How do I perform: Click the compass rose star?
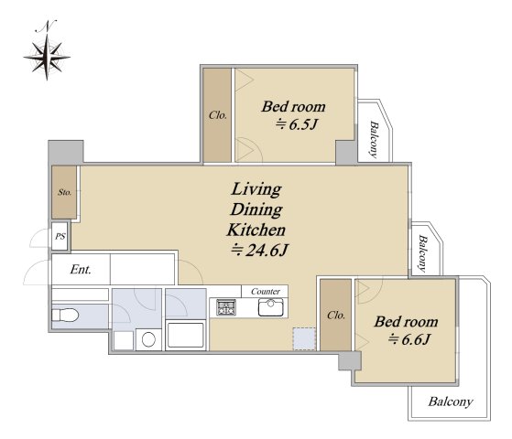[47, 58]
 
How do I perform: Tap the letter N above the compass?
[46, 27]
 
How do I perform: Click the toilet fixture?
[65, 316]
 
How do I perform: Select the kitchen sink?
[271, 307]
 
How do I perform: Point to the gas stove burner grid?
[226, 307]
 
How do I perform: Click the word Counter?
[265, 291]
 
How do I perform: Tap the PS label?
[60, 236]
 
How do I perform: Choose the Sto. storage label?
[64, 192]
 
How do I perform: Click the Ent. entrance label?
[81, 270]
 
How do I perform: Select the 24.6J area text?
[260, 251]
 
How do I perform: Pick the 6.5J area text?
[297, 124]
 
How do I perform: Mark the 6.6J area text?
[409, 339]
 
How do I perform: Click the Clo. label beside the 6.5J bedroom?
[217, 115]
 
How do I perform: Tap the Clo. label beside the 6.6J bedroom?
[336, 315]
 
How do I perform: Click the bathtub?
[185, 336]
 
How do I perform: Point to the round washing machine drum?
[148, 340]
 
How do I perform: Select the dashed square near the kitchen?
[304, 339]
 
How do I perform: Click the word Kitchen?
[256, 230]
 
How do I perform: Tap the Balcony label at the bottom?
[451, 402]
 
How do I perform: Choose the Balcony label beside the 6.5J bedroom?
[374, 140]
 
